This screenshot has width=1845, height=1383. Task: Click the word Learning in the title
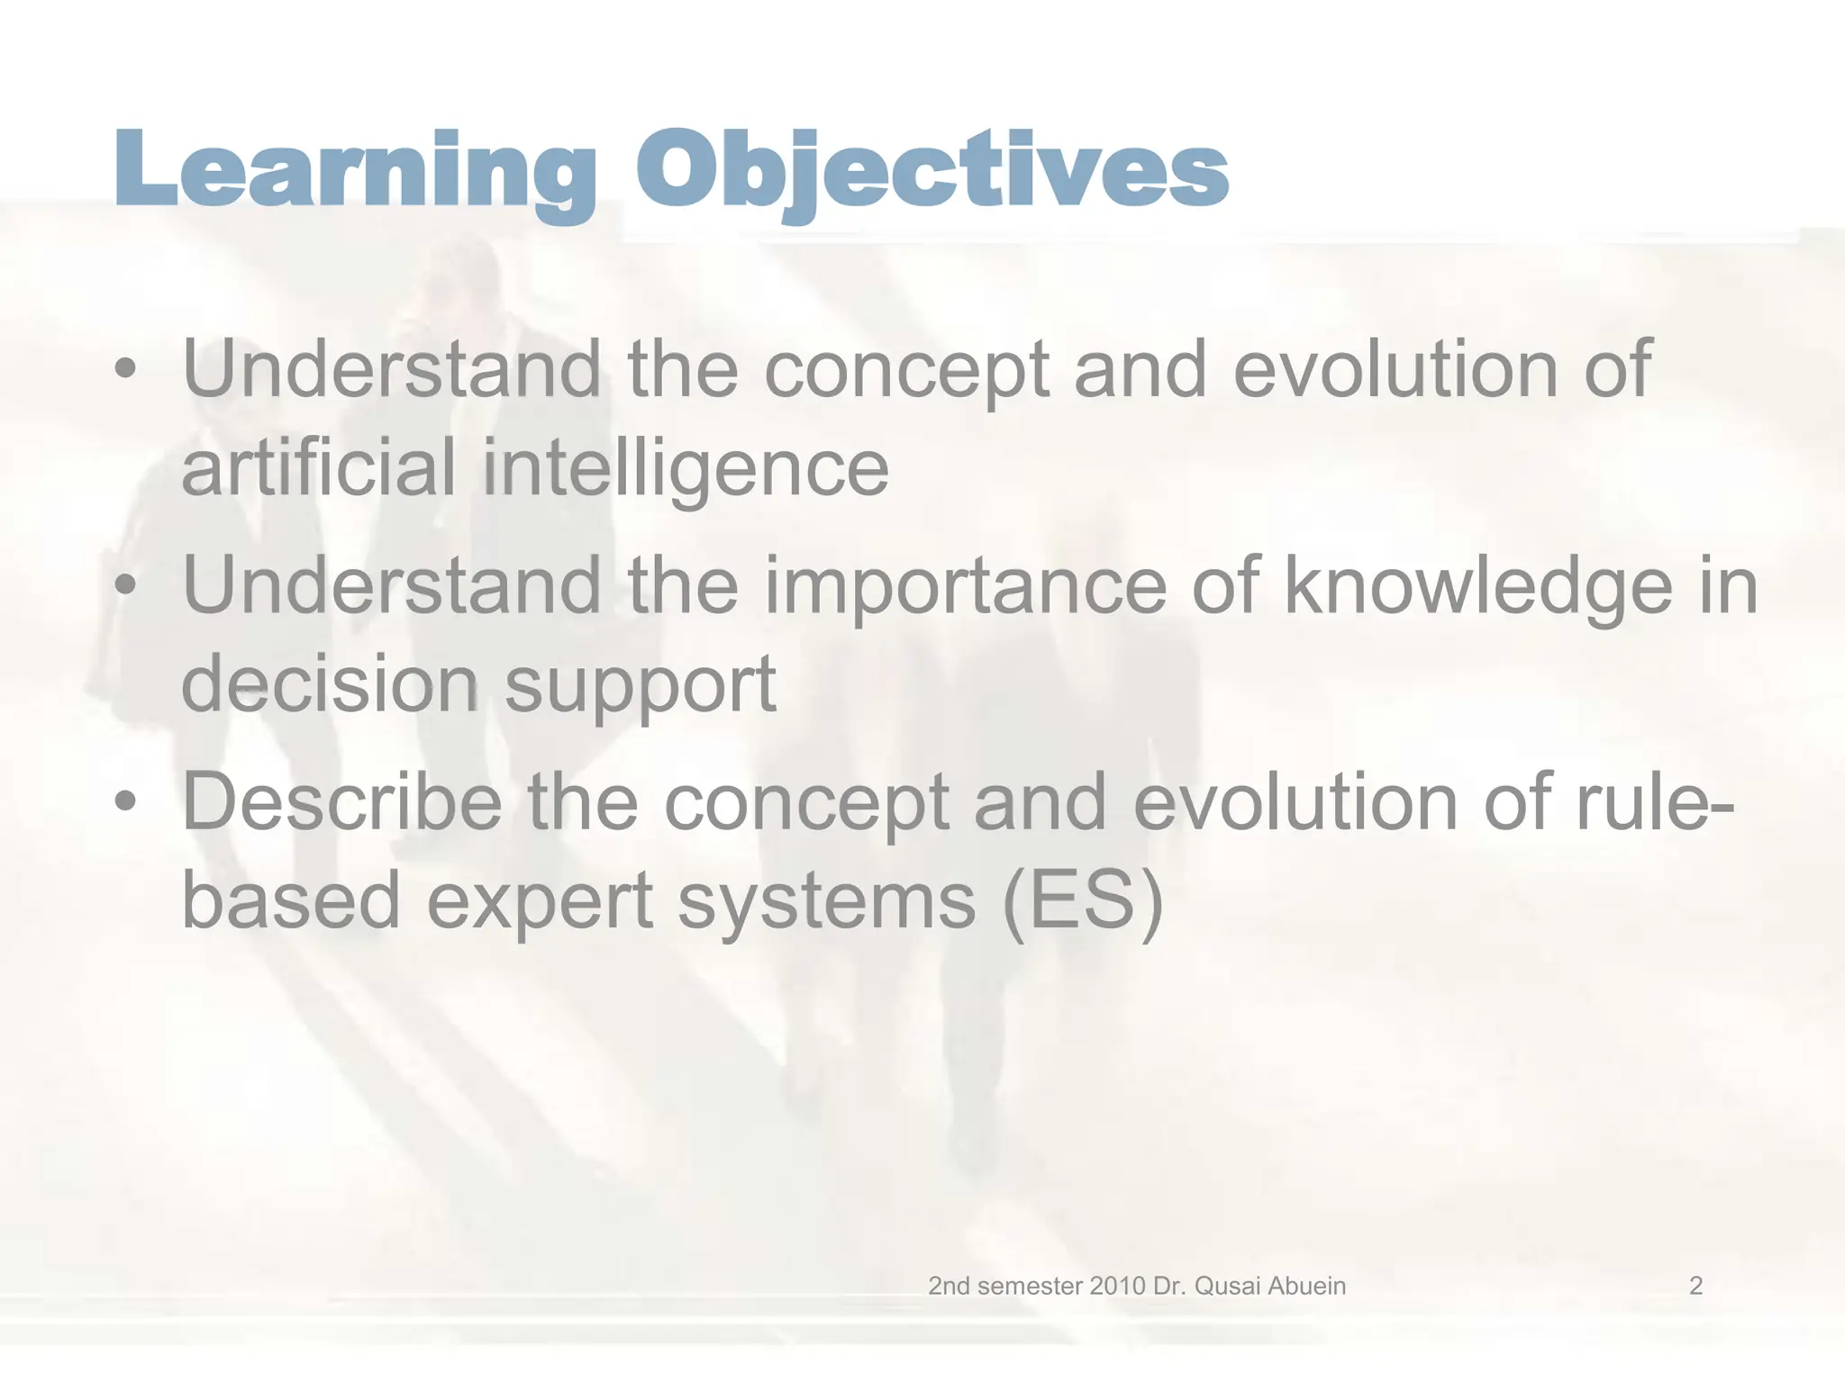[354, 171]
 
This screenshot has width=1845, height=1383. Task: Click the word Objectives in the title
[932, 171]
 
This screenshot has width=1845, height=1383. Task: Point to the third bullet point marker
[126, 801]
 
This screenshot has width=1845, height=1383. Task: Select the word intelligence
[686, 468]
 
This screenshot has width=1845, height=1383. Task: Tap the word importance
[965, 587]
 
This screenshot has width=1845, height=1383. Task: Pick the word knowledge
[1477, 587]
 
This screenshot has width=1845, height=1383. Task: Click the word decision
[329, 684]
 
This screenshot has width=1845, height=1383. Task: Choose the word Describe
[341, 801]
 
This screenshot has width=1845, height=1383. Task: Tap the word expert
[539, 903]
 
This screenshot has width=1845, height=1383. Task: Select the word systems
[826, 903]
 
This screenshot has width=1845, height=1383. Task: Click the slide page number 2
[1695, 1286]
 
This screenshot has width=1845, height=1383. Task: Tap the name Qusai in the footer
[1224, 1286]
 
